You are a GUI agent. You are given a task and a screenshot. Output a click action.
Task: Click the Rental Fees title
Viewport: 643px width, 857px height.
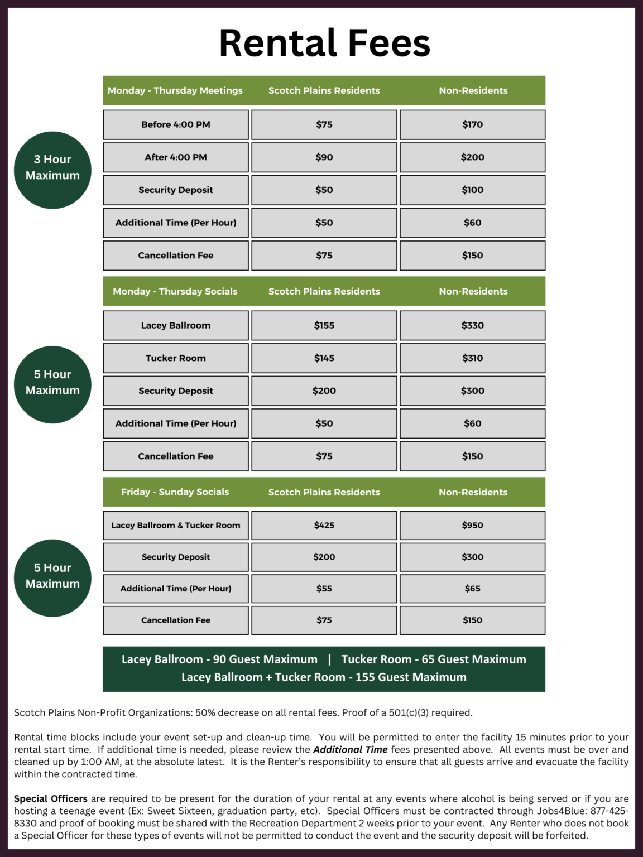(x=324, y=44)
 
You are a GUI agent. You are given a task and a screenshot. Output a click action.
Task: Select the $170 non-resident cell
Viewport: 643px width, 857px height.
(x=472, y=124)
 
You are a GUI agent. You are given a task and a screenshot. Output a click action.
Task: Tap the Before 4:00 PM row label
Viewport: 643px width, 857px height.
(x=176, y=124)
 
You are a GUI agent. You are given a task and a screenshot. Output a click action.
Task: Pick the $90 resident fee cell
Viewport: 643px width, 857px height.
(x=324, y=157)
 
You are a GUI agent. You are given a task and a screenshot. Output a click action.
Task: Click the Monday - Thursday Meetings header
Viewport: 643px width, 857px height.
(x=175, y=90)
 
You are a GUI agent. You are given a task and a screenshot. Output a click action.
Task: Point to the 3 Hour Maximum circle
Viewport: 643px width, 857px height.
(x=52, y=170)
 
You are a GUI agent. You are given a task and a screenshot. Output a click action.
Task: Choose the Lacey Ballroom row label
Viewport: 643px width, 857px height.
(x=176, y=325)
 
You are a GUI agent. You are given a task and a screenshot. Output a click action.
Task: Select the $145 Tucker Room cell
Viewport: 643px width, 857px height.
(x=324, y=358)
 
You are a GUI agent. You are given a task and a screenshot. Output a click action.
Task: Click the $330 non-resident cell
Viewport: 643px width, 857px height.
(x=472, y=325)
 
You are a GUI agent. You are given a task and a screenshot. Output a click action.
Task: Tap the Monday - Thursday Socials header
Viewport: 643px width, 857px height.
(x=175, y=291)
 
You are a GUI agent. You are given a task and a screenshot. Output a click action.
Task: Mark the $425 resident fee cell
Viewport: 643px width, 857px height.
(x=324, y=525)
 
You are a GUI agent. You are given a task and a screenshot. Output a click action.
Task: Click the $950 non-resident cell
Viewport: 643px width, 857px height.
(x=472, y=525)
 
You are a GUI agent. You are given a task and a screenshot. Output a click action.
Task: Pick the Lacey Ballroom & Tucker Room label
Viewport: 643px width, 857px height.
(x=176, y=525)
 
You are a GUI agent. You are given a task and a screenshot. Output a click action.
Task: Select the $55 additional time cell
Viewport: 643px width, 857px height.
(x=324, y=589)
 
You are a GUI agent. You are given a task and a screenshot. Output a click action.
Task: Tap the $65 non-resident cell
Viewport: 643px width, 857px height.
(x=472, y=589)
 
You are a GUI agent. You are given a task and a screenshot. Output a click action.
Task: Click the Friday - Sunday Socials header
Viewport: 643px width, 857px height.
(x=175, y=492)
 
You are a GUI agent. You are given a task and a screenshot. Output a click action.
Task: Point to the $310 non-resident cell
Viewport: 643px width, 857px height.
(x=472, y=358)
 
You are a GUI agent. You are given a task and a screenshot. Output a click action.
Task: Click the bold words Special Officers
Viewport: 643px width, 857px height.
(x=51, y=799)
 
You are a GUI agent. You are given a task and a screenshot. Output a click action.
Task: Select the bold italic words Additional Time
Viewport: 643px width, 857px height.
(x=351, y=750)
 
